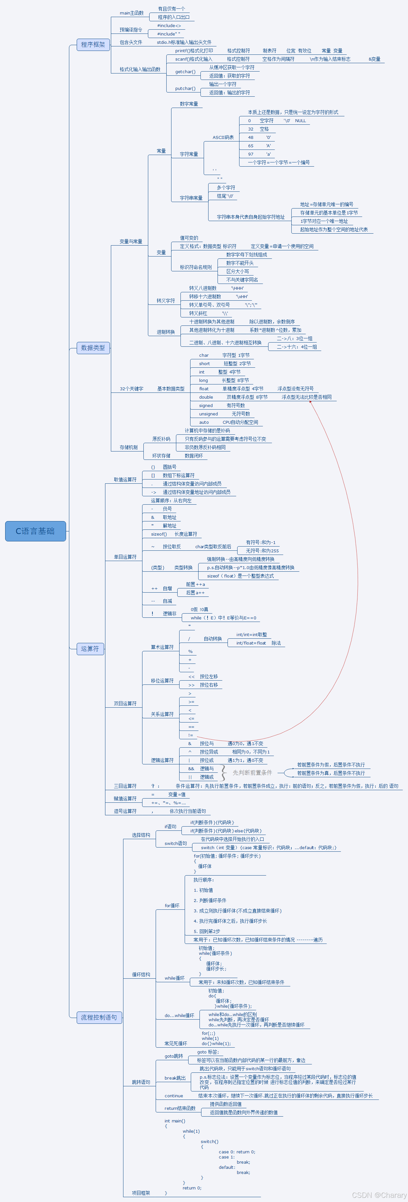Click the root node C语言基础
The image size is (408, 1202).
click(x=35, y=531)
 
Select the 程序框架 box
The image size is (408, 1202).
click(x=93, y=45)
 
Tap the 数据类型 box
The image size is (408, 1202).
click(x=93, y=348)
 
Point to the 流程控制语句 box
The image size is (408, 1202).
click(x=99, y=1017)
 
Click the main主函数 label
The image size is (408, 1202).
click(x=131, y=13)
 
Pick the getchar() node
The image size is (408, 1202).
click(x=185, y=72)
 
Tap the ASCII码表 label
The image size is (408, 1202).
click(x=223, y=138)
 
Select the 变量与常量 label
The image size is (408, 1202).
click(x=131, y=242)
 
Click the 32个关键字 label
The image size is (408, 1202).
click(x=131, y=389)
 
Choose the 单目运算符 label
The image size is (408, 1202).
click(x=125, y=557)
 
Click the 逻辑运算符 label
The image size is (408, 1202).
click(x=162, y=760)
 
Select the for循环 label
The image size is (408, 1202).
click(x=172, y=906)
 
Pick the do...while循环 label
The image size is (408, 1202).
click(x=179, y=1015)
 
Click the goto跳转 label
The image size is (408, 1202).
click(x=174, y=1056)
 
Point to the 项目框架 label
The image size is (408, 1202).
click(x=141, y=1193)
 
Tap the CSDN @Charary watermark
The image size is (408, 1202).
click(x=379, y=1195)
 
